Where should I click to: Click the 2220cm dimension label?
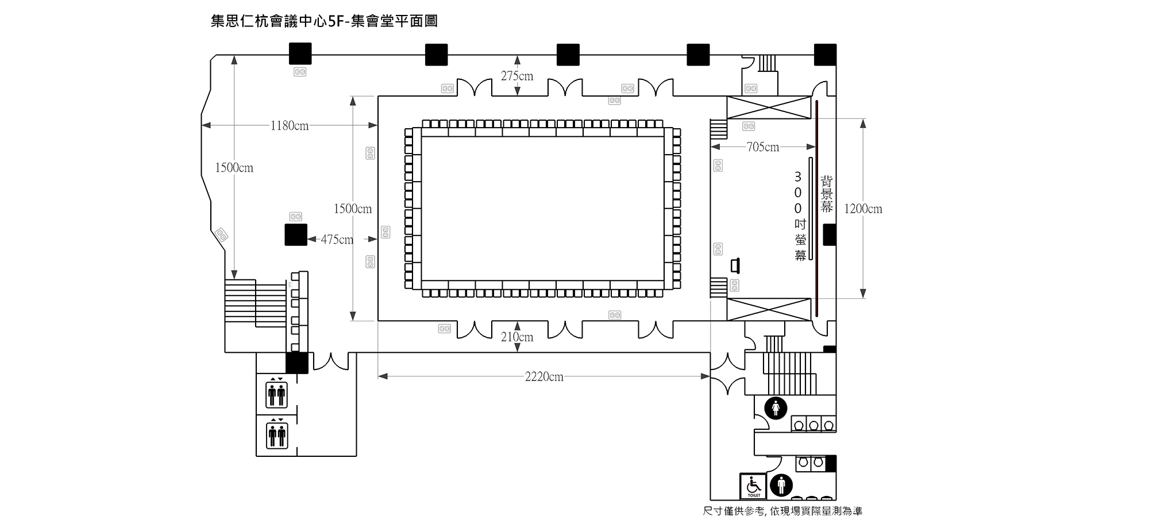(544, 377)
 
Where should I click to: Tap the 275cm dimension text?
(517, 76)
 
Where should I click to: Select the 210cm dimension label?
(517, 337)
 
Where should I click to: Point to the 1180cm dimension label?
(290, 126)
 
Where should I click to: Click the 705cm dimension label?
(763, 147)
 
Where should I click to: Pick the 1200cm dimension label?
(863, 209)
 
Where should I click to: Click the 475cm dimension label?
(337, 240)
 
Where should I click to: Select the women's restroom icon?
(776, 408)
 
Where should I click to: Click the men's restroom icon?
(781, 485)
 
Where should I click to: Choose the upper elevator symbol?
(277, 393)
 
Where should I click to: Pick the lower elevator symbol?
(277, 434)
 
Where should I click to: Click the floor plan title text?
(325, 22)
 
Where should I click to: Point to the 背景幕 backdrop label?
(826, 194)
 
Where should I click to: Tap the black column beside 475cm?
(296, 234)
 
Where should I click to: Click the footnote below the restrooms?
(782, 511)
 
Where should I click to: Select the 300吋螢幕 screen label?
(800, 216)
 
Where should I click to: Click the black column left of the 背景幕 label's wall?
(830, 235)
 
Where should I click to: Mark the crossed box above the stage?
(769, 107)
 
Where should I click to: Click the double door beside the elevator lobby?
(330, 361)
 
